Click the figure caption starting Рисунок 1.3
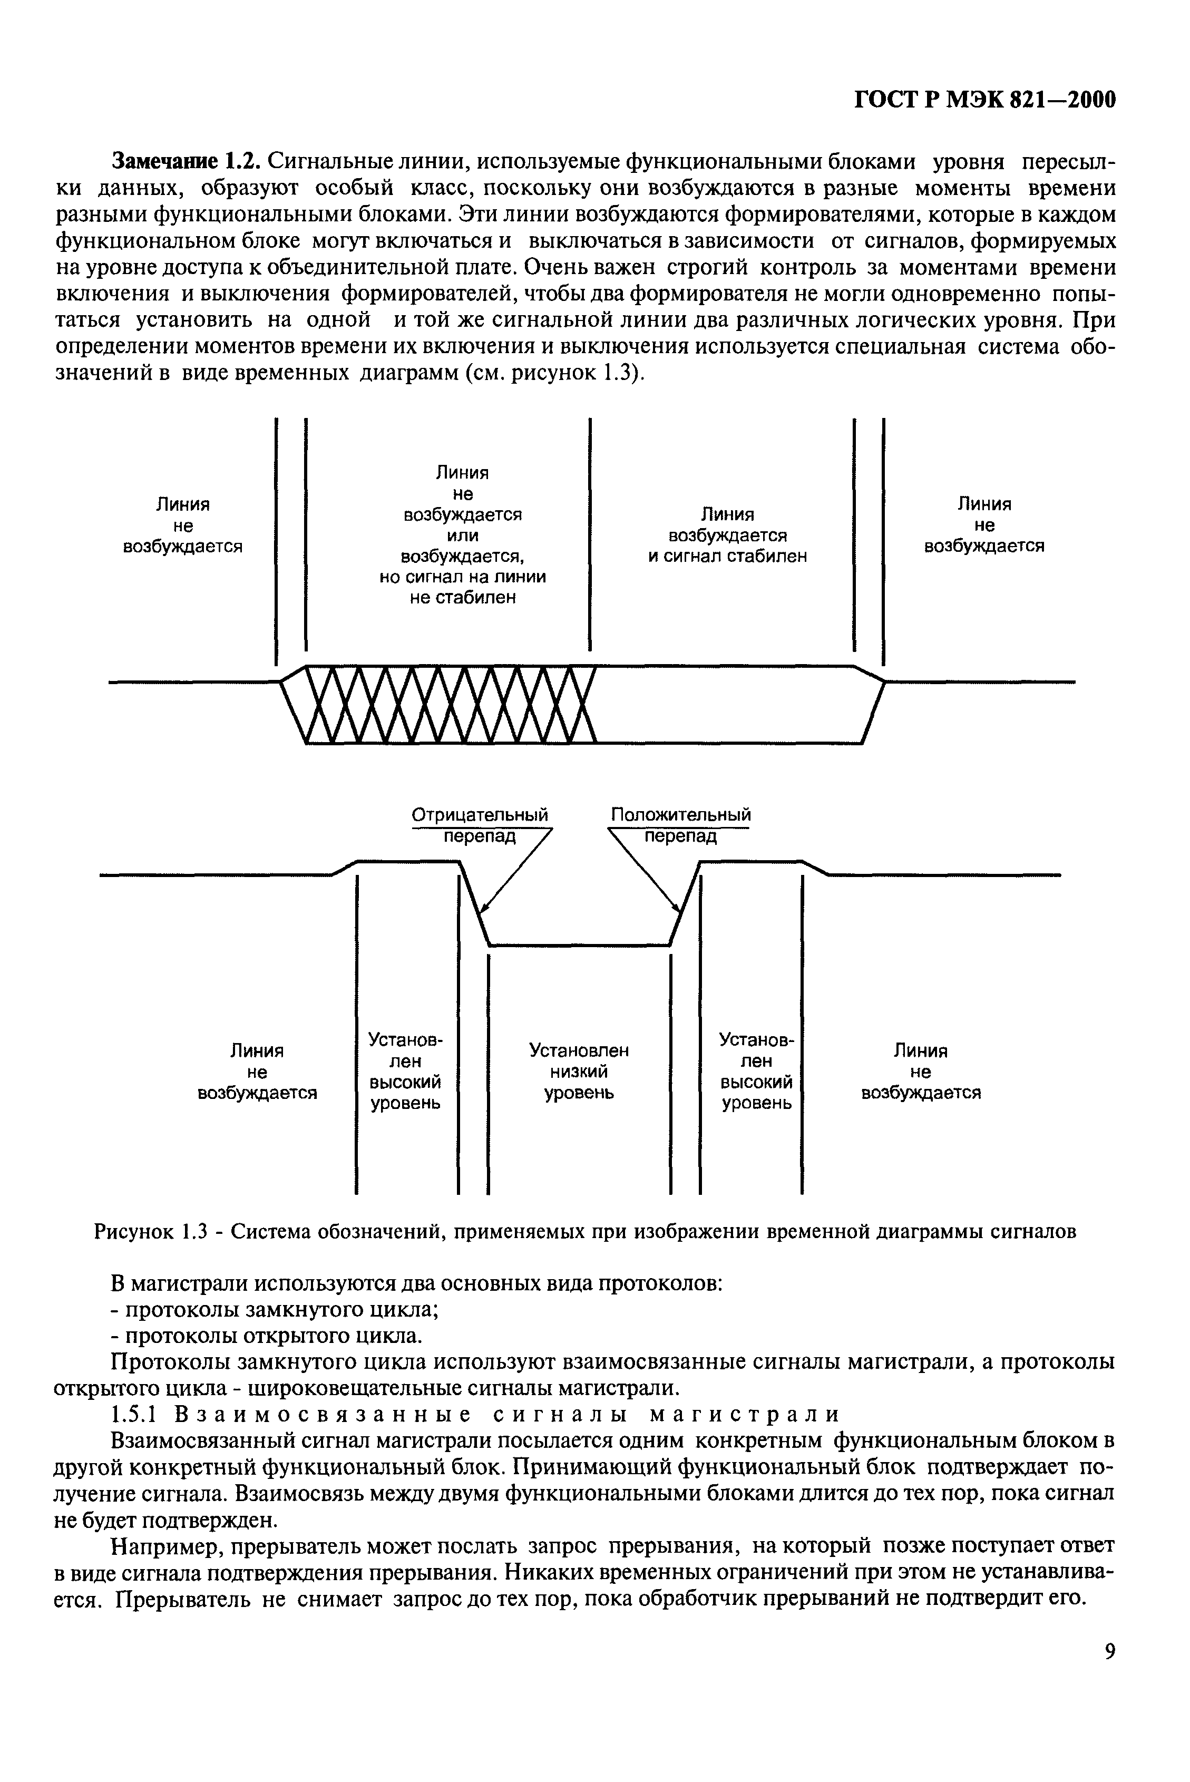point(584,1231)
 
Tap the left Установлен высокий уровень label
point(405,1071)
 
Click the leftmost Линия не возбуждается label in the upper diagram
point(182,525)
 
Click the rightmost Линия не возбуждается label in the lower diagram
point(921,1072)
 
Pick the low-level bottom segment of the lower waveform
point(579,945)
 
